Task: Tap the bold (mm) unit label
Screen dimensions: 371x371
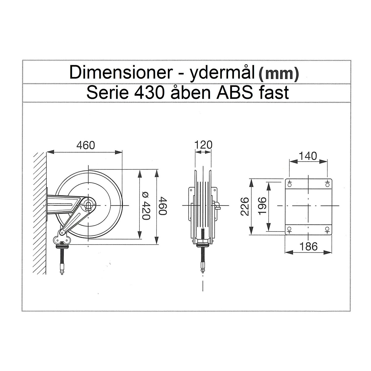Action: point(278,74)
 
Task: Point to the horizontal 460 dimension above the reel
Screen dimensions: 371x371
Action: point(85,145)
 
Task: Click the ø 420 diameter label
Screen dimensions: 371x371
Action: point(146,206)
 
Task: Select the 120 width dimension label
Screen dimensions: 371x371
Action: point(203,144)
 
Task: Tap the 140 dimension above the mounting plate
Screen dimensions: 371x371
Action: point(308,156)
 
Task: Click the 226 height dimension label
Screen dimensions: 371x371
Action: point(245,206)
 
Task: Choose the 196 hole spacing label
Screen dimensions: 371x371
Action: point(262,206)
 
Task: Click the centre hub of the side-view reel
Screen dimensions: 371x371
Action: point(89,205)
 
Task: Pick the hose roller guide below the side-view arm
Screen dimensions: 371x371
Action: point(63,240)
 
